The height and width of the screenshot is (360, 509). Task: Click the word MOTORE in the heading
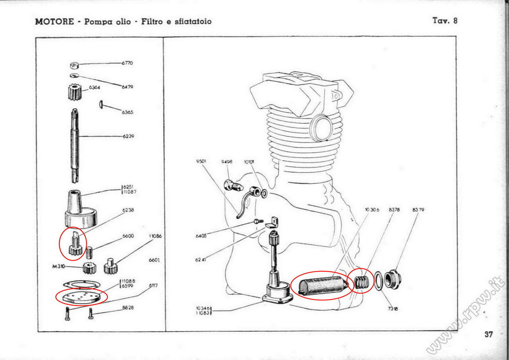54,21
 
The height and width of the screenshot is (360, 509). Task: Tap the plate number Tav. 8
445,21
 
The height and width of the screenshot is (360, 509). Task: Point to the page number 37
489,334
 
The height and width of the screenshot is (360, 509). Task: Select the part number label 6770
127,63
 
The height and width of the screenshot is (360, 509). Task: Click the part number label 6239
128,136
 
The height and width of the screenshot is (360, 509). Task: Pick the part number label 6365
128,112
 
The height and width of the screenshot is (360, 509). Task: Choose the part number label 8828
128,307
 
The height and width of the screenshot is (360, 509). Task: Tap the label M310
58,267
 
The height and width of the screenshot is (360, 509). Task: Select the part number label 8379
418,210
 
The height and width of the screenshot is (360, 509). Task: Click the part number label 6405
201,236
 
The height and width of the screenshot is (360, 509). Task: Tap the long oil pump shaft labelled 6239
75,143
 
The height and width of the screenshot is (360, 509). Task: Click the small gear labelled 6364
74,93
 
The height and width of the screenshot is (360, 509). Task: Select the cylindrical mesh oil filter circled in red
321,285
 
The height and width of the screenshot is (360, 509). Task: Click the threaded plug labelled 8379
392,278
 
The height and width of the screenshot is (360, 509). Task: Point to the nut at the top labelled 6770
74,66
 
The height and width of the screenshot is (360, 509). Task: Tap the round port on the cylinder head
321,127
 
